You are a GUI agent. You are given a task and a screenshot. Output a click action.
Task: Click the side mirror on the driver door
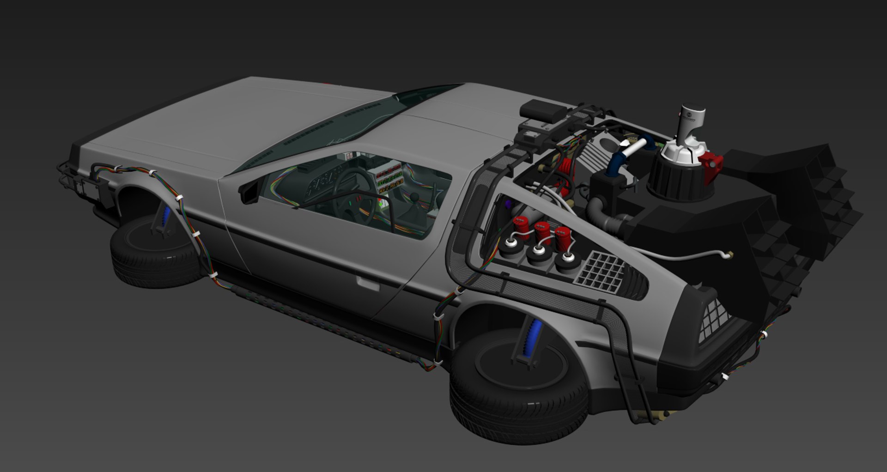[x=249, y=191]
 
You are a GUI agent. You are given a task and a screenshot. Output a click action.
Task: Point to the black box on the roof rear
[x=542, y=110]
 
